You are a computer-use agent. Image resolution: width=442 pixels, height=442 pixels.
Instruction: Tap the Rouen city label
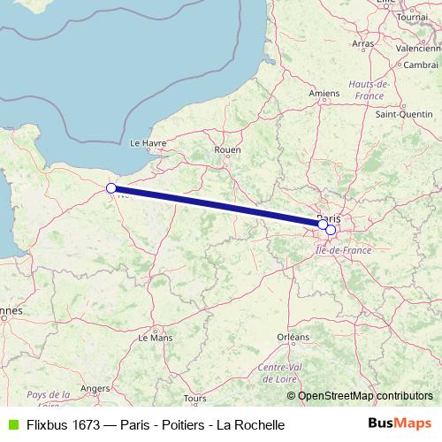[x=227, y=150]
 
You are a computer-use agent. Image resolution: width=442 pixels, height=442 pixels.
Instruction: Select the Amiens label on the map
[x=324, y=92]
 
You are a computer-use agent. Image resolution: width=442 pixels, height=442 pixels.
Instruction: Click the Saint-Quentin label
[x=404, y=114]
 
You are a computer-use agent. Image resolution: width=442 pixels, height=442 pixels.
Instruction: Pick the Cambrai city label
[x=421, y=65]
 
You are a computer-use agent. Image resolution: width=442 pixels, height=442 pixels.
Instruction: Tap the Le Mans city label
[x=156, y=337]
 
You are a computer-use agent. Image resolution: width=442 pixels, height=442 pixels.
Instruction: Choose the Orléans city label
[x=293, y=337]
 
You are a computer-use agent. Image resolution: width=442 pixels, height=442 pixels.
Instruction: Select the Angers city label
[x=95, y=386]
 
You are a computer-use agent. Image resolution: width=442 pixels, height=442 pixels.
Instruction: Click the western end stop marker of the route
[x=111, y=188]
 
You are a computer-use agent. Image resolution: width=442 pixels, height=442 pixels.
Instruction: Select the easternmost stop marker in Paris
[x=331, y=230]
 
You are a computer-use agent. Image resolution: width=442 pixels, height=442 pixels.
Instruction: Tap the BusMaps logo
[x=400, y=423]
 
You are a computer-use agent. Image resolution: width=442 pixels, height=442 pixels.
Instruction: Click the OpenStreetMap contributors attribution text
[x=365, y=396]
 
